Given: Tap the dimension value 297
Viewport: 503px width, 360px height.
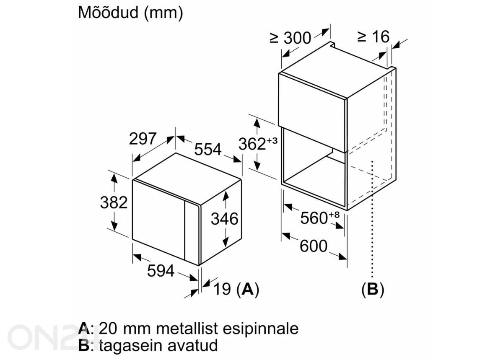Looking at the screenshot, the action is (x=143, y=139).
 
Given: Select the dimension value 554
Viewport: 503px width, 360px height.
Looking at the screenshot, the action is (x=208, y=149).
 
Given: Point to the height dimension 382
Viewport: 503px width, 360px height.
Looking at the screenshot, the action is (x=114, y=202).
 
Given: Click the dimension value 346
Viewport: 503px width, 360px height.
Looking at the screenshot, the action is (x=225, y=219).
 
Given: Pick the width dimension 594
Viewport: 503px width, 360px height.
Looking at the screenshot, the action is (x=161, y=271).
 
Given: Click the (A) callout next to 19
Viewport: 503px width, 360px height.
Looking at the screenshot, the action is (x=248, y=289).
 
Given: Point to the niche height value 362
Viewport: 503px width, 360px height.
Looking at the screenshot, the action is (x=252, y=144).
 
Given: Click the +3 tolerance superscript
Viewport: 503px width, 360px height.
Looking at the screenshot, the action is (x=272, y=140).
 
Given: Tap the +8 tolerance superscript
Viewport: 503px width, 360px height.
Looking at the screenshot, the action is (x=334, y=215).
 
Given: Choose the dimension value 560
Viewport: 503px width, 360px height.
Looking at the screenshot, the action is (x=314, y=218).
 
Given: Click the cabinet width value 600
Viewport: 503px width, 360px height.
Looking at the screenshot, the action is (x=314, y=246).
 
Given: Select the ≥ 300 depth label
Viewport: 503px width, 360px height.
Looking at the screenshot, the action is (x=290, y=38).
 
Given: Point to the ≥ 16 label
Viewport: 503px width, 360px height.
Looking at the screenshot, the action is (x=373, y=36).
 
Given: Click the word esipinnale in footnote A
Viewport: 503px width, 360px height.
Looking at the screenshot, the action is (x=260, y=329).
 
